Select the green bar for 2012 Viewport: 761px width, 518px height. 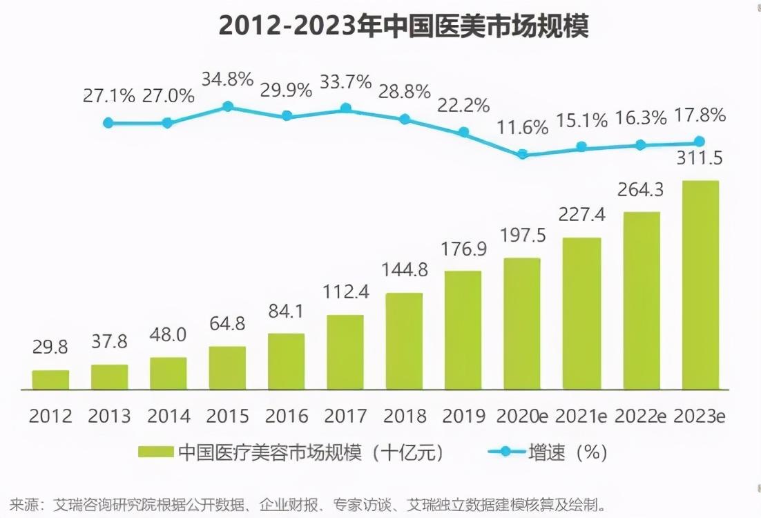50,380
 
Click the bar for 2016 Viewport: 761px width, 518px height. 286,361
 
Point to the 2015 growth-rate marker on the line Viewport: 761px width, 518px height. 227,106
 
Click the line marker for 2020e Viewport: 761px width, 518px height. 523,154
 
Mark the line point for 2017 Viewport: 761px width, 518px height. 345,108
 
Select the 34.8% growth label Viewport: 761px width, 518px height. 227,79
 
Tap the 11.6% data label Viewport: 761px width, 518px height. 523,127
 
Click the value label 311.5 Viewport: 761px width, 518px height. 700,160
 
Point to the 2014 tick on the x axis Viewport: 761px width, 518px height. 168,416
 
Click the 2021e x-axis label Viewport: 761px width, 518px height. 581,416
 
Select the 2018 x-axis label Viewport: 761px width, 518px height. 404,416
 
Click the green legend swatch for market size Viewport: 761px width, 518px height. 155,452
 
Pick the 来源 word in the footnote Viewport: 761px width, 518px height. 26,503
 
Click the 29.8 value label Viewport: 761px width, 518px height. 50,347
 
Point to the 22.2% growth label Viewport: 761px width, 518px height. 464,105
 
